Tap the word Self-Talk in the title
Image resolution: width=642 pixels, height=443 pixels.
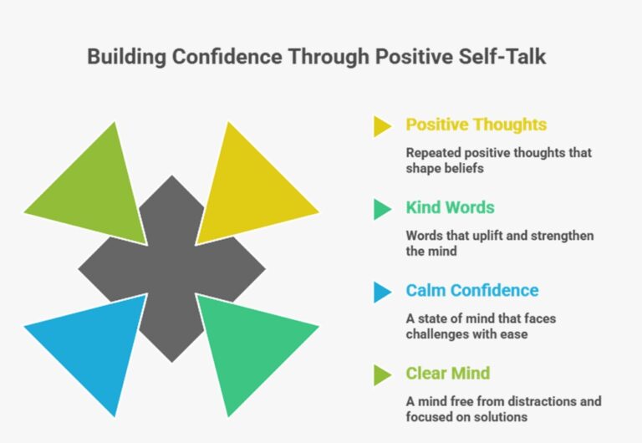pyautogui.click(x=510, y=58)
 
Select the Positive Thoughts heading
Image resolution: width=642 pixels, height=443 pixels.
pyautogui.click(x=476, y=125)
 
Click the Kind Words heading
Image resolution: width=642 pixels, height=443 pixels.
pyautogui.click(x=450, y=207)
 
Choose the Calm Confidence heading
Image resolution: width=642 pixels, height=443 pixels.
pyautogui.click(x=471, y=290)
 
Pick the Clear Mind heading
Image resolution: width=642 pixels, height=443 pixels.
pyautogui.click(x=447, y=373)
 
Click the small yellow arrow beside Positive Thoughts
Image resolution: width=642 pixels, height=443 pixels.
pyautogui.click(x=381, y=126)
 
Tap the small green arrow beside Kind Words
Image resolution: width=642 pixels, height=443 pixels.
pyautogui.click(x=381, y=209)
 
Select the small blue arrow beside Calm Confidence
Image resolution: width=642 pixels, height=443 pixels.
pyautogui.click(x=381, y=292)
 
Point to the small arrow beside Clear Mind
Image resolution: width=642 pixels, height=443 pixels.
pyautogui.click(x=381, y=374)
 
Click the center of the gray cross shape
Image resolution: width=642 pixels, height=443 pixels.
pyautogui.click(x=171, y=268)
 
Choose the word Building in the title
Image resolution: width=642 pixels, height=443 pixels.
pyautogui.click(x=126, y=58)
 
